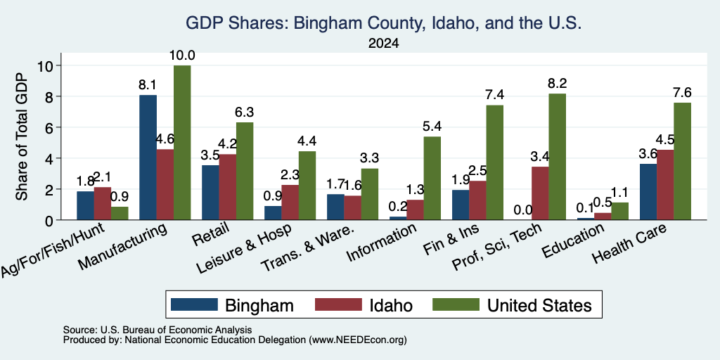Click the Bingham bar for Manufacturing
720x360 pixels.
pos(148,157)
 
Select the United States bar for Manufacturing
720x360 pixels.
pos(182,143)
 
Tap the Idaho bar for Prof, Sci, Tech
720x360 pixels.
pos(540,193)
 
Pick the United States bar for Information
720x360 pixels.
pos(432,178)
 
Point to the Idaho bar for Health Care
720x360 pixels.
pos(665,185)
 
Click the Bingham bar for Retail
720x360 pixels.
pos(210,193)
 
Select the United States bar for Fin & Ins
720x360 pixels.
pos(494,162)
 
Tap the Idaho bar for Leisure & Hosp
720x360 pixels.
pos(290,202)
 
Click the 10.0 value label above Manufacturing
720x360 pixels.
pos(182,56)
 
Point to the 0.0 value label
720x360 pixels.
pos(523,210)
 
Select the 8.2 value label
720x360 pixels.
pos(558,84)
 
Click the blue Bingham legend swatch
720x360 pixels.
pos(194,304)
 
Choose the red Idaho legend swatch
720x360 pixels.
pos(338,304)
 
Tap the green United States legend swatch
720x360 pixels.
pos(456,304)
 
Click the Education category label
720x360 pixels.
pos(572,240)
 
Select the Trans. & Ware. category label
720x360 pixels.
pos(307,248)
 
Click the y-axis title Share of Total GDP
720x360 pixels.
pos(22,136)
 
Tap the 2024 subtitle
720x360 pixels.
pos(383,44)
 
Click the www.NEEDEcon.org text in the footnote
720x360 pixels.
pos(358,340)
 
